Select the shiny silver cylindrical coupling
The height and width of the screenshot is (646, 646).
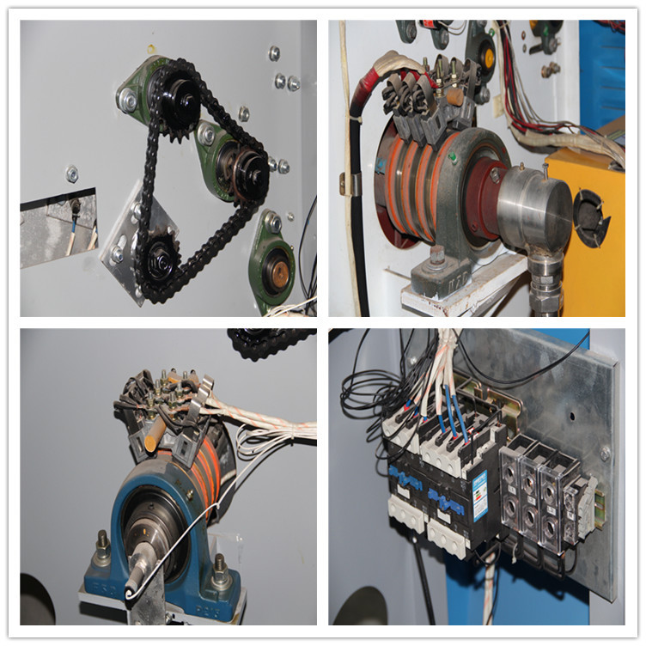(x=533, y=209)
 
